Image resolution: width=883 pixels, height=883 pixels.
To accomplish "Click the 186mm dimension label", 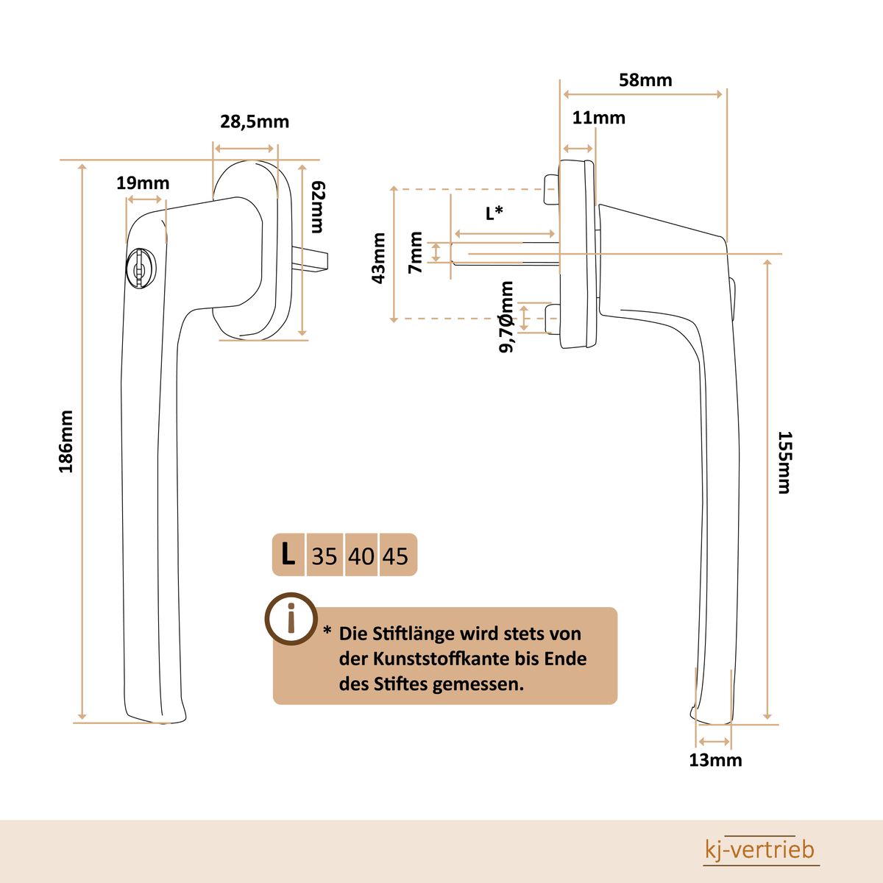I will pyautogui.click(x=66, y=441).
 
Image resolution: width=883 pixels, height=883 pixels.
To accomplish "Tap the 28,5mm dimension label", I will pyautogui.click(x=255, y=122).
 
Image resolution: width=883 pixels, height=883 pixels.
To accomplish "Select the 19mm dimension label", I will pyautogui.click(x=143, y=183).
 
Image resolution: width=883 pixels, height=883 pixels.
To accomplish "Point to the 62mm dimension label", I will pyautogui.click(x=317, y=207).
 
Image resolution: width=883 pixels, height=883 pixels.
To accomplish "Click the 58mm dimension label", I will pyautogui.click(x=645, y=80).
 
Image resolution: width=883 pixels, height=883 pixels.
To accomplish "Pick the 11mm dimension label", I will pyautogui.click(x=599, y=118).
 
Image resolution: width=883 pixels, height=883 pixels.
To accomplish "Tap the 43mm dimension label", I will pyautogui.click(x=379, y=258).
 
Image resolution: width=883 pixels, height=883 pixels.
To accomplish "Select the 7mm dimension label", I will pyautogui.click(x=416, y=252).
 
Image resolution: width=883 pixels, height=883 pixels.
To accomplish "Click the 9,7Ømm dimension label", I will pyautogui.click(x=507, y=317).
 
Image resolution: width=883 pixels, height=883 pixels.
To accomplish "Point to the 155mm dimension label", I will pyautogui.click(x=784, y=462).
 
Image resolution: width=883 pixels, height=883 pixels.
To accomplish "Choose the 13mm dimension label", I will pyautogui.click(x=715, y=760).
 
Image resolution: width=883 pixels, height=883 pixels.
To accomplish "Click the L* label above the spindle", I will pyautogui.click(x=494, y=213).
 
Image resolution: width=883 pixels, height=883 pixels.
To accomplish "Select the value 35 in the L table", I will pyautogui.click(x=324, y=556).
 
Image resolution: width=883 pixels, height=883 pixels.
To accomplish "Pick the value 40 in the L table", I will pyautogui.click(x=361, y=556).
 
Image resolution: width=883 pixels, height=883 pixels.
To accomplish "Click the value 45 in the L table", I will pyautogui.click(x=395, y=556).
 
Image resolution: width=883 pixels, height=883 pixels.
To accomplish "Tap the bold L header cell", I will pyautogui.click(x=288, y=554).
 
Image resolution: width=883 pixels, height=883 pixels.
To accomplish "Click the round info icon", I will pyautogui.click(x=291, y=618).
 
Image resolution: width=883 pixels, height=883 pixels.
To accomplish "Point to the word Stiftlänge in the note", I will pyautogui.click(x=414, y=634).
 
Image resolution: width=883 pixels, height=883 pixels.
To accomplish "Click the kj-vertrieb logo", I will pyautogui.click(x=760, y=851).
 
